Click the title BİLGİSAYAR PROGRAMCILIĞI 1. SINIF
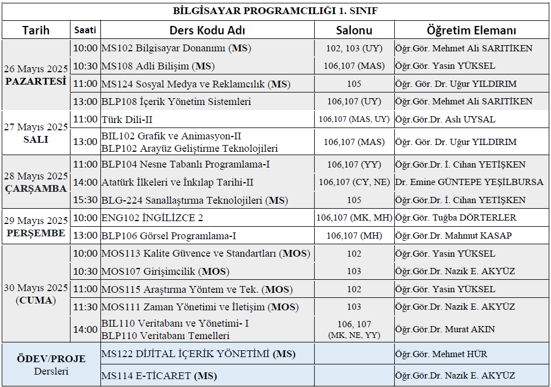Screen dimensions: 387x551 [x=275, y=11]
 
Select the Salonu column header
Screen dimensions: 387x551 [x=354, y=30]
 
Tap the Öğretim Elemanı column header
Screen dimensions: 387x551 [x=471, y=30]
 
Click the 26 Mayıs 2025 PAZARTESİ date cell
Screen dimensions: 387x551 [x=36, y=75]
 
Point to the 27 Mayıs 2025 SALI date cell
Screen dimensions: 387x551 [x=36, y=133]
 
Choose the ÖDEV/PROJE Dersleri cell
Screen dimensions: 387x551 [x=51, y=364]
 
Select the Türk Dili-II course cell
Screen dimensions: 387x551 [x=127, y=120]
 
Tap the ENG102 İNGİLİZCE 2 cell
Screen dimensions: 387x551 [x=152, y=218]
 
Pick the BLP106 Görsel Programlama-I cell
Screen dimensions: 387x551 [x=169, y=236]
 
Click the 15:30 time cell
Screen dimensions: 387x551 [x=85, y=200]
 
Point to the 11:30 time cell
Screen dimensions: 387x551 [x=85, y=307]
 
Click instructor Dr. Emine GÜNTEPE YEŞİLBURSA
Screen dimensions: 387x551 [x=469, y=182]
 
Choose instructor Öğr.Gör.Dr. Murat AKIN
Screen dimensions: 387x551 [x=447, y=329]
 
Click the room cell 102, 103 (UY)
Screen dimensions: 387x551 [x=354, y=49]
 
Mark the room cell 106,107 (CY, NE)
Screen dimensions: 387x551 [x=354, y=182]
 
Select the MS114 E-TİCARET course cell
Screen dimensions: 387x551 [x=159, y=376]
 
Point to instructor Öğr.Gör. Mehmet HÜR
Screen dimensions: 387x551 [x=441, y=355]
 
